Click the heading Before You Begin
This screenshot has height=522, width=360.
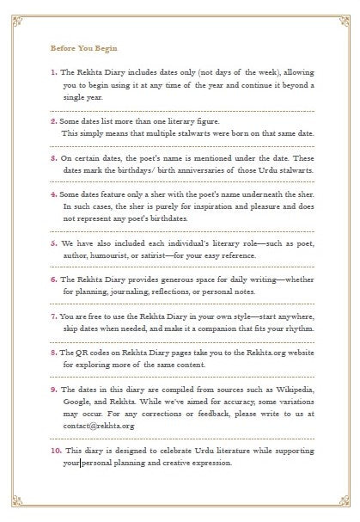[84, 49]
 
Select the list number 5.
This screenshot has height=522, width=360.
[53, 243]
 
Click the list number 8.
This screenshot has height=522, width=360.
[53, 352]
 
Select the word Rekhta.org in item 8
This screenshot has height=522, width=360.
[254, 352]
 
